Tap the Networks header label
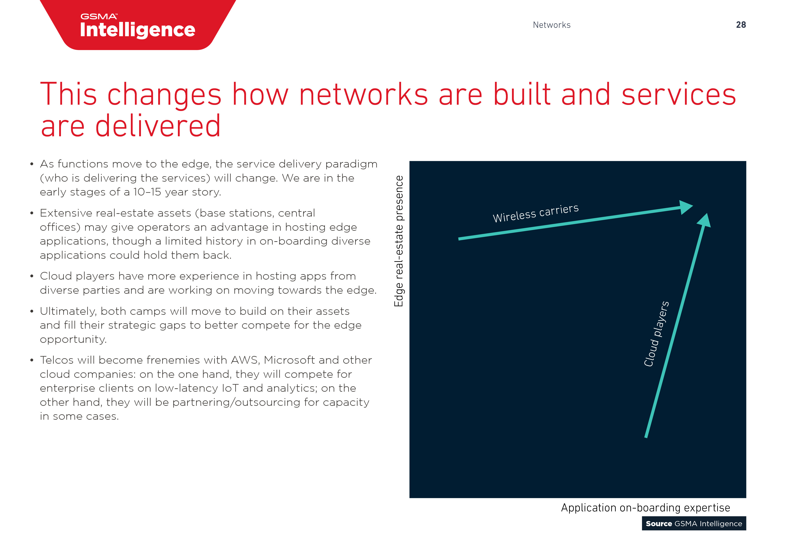point(551,25)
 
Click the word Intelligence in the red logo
point(137,30)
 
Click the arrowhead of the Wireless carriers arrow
point(686,207)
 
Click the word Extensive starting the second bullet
point(66,213)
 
